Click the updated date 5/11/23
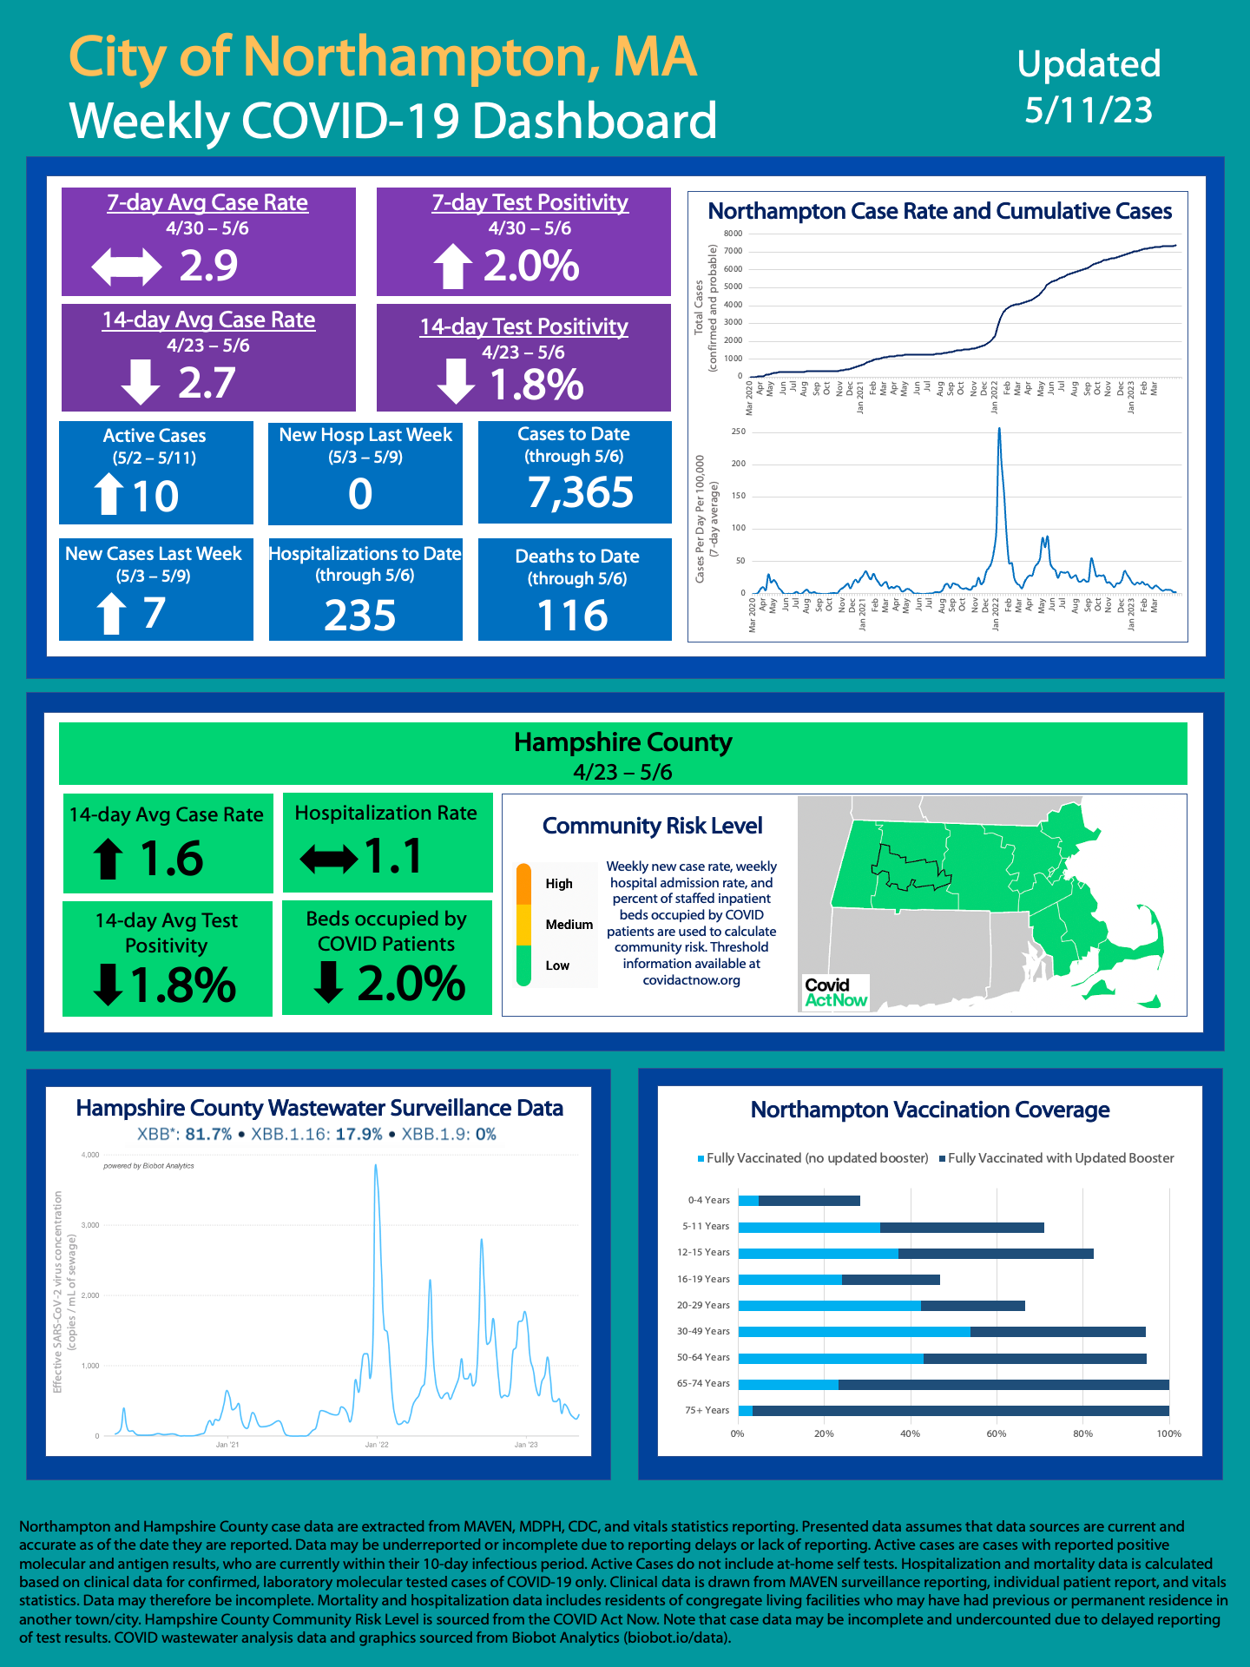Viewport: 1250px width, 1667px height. (1089, 110)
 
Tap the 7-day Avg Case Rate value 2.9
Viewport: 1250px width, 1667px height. (208, 266)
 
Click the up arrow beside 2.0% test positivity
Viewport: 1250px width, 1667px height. (452, 266)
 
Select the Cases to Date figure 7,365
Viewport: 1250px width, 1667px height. (581, 492)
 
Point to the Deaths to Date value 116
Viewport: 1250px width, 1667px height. (573, 616)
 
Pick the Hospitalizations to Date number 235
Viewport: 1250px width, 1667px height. (360, 616)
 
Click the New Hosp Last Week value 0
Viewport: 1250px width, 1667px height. (360, 494)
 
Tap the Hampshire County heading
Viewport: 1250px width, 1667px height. (622, 742)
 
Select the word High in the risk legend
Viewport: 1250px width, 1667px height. (559, 884)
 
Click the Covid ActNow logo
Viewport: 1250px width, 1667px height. (835, 992)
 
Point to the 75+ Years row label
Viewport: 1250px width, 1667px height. (707, 1410)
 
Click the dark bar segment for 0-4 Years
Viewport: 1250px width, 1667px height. (809, 1201)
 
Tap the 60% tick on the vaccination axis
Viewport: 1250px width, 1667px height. (996, 1433)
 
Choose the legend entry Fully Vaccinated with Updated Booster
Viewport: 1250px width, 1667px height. (1060, 1158)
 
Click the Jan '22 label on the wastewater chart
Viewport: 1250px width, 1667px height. (377, 1445)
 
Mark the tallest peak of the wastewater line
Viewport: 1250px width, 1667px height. (375, 1166)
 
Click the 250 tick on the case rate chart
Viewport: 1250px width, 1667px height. (738, 432)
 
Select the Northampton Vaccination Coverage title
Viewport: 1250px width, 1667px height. (930, 1110)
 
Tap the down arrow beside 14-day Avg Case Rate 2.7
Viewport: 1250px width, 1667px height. (140, 383)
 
